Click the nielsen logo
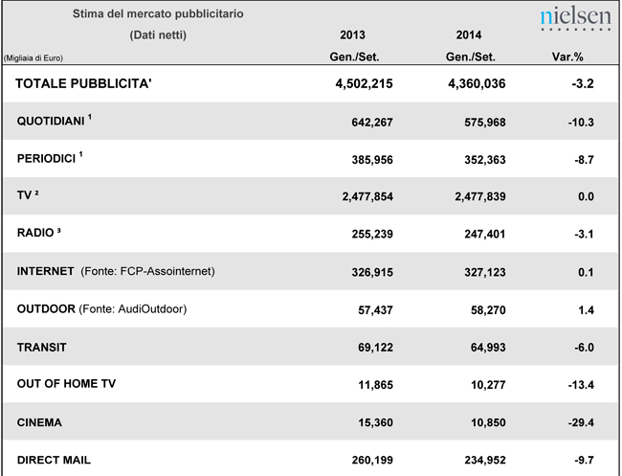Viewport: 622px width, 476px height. pyautogui.click(x=574, y=18)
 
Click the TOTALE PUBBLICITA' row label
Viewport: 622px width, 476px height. pyautogui.click(x=84, y=83)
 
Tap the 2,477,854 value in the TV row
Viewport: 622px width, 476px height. pyautogui.click(x=361, y=196)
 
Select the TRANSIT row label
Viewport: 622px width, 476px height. pyautogui.click(x=44, y=346)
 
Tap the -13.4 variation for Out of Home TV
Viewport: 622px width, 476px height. pyautogui.click(x=580, y=384)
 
